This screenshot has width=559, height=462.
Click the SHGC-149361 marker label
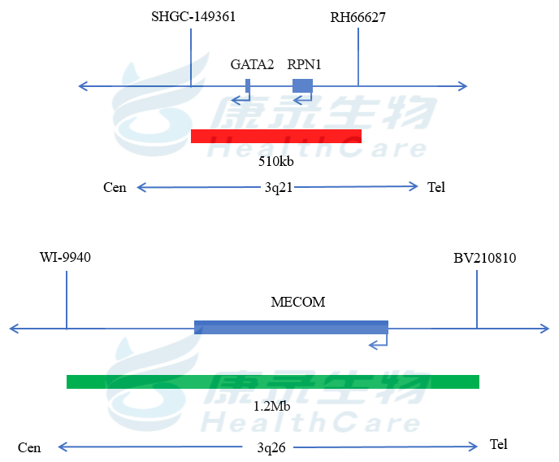[x=193, y=17]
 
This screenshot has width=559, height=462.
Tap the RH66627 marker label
[x=357, y=17]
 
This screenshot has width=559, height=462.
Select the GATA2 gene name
[x=252, y=64]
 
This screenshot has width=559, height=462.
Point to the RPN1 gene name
[x=305, y=64]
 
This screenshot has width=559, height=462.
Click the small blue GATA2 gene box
[x=248, y=85]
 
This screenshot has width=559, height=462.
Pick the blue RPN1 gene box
[x=302, y=85]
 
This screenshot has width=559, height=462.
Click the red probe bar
[x=275, y=136]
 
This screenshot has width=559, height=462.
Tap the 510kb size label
[x=275, y=161]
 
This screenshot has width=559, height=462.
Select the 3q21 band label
[x=278, y=187]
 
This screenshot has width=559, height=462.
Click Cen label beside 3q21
[x=115, y=188]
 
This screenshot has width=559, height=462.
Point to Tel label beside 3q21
[x=436, y=187]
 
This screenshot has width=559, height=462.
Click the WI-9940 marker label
[x=65, y=258]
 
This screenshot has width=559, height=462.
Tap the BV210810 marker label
[x=484, y=259]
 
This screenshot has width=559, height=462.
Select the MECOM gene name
[x=297, y=303]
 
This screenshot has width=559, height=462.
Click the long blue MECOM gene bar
[x=291, y=327]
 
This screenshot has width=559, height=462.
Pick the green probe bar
[x=273, y=381]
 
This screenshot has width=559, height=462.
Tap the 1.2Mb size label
[x=272, y=405]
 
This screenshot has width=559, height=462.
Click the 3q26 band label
[x=271, y=447]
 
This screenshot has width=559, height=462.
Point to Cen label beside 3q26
[x=29, y=447]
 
